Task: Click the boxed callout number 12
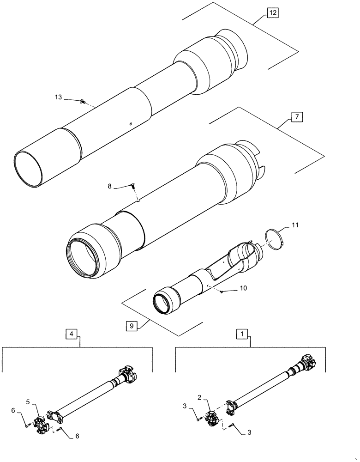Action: point(272,13)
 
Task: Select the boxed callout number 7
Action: point(297,117)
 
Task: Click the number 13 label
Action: point(58,97)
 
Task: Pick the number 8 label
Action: point(109,187)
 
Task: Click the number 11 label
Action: point(295,225)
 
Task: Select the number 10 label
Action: point(243,288)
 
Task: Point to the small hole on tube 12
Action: point(131,124)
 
